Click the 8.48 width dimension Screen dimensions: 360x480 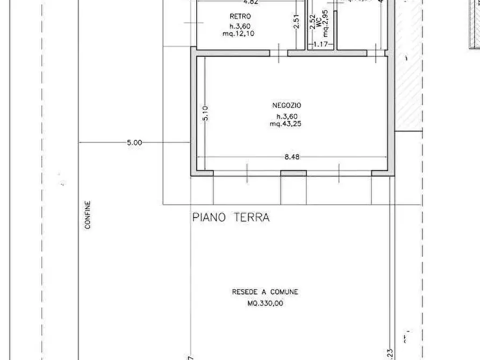tap(291, 157)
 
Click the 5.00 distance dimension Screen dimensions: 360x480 tap(134, 143)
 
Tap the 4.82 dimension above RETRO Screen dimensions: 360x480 tap(237, 3)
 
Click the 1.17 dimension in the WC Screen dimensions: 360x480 tap(320, 44)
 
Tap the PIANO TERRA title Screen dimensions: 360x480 tap(231, 218)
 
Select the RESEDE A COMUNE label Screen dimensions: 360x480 tap(265, 292)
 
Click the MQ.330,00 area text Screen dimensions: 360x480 tap(265, 303)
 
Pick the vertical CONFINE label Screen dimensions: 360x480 tap(88, 215)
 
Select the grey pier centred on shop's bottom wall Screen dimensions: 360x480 tap(293, 173)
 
